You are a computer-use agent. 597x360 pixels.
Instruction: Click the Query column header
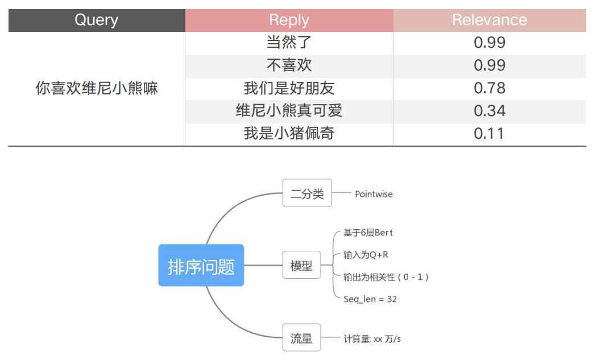96,20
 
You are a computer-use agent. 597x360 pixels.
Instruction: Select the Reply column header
289,20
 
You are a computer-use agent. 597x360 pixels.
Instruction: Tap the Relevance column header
490,20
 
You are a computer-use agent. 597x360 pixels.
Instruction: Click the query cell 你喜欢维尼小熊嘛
97,89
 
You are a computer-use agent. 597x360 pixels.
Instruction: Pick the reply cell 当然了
289,43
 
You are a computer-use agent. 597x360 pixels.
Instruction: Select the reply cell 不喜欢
289,65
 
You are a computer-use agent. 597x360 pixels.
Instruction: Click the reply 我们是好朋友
289,88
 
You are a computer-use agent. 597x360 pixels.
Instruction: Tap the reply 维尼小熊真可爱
289,111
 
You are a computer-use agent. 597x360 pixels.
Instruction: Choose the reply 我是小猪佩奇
289,134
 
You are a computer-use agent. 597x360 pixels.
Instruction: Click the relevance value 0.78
490,88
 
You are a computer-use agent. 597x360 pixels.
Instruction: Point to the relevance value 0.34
490,111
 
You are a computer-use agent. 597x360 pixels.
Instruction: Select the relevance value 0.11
490,134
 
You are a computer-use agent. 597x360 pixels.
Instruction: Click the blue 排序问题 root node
201,266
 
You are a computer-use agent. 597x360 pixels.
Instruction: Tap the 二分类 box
307,193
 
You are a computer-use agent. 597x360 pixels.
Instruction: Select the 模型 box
301,266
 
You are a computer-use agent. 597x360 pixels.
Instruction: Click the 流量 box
301,338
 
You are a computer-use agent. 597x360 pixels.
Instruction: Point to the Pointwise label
374,194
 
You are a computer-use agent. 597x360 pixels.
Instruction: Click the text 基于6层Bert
368,233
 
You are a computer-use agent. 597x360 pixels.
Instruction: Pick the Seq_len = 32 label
370,299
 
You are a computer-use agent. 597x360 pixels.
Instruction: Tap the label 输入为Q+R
366,255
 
